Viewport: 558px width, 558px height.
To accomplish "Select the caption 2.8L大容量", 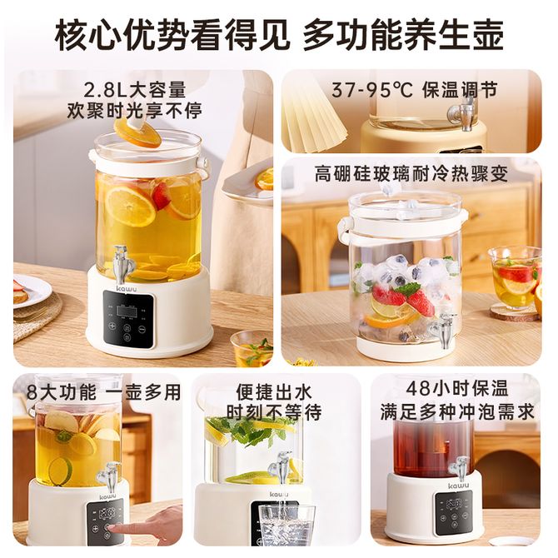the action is (135, 90).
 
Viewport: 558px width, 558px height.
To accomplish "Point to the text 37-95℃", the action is (372, 90).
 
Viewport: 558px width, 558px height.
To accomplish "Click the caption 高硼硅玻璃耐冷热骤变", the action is (411, 174).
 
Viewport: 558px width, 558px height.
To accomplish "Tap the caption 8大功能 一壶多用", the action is (103, 392).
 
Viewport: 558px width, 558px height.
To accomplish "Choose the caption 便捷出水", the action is (274, 391).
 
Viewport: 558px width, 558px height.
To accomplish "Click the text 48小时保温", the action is (457, 388).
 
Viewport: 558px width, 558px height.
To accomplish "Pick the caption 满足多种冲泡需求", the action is (457, 411).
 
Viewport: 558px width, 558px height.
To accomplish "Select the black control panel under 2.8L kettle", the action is (128, 319).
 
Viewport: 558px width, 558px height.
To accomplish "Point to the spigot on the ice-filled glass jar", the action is (444, 329).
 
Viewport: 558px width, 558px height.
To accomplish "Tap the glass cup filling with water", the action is (286, 530).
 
